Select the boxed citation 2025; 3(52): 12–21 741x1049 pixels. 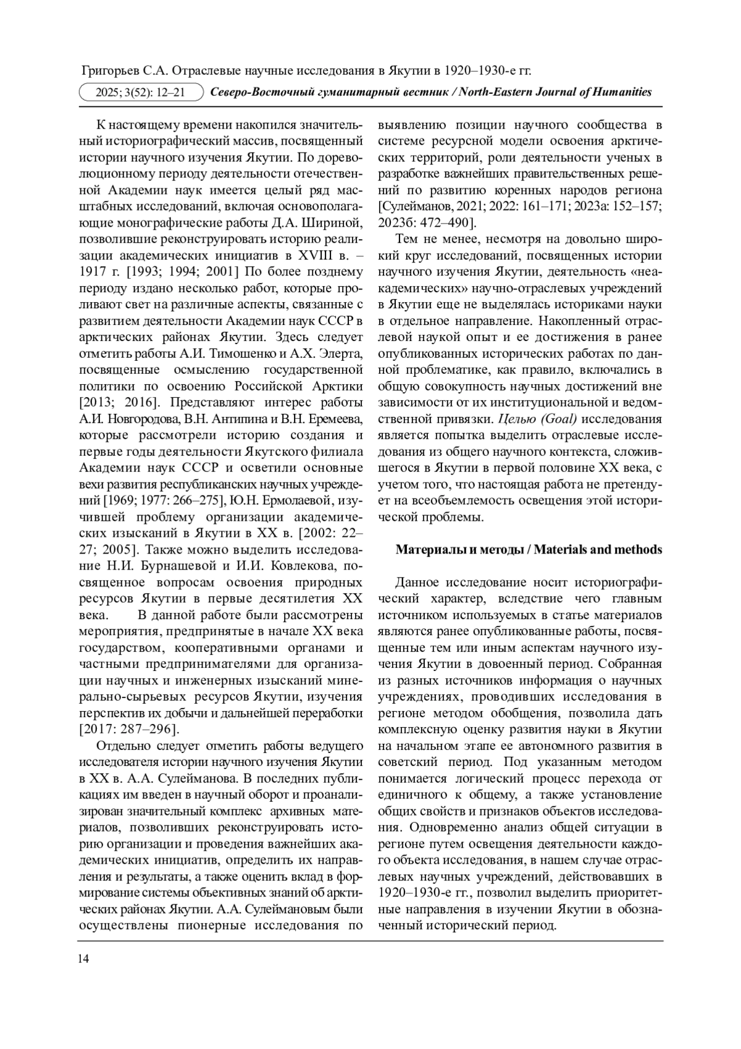pyautogui.click(x=141, y=93)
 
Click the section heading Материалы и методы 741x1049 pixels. pyautogui.click(x=459, y=549)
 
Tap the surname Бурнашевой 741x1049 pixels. pyautogui.click(x=164, y=565)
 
